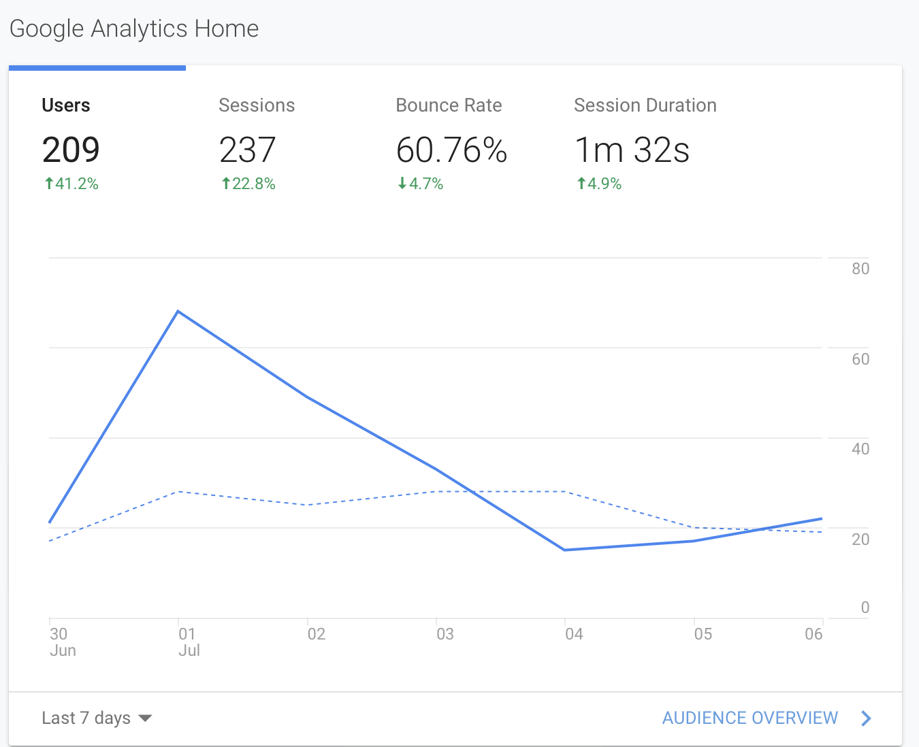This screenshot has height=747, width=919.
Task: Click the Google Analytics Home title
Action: coord(134,29)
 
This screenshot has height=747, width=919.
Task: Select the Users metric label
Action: coord(66,105)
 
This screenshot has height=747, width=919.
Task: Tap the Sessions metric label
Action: coord(257,105)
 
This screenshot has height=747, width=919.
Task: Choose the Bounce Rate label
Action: coord(449,105)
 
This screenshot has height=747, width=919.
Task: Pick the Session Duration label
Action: coord(645,105)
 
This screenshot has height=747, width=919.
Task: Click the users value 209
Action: coord(71,150)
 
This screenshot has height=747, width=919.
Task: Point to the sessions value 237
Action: coord(247,150)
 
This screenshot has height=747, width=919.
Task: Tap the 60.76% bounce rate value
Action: coord(451,150)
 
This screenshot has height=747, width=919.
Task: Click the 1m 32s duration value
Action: coord(632,150)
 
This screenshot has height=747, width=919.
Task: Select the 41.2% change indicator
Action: coord(71,184)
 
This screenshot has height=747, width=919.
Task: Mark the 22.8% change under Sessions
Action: coord(248,184)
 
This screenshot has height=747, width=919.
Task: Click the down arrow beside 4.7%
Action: coord(402,183)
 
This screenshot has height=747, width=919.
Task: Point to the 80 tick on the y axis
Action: coord(860,269)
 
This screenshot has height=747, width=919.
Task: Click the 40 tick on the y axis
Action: coord(860,449)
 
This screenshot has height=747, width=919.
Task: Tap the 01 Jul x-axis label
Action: coord(189,642)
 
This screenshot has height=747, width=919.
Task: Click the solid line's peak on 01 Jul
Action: coord(178,311)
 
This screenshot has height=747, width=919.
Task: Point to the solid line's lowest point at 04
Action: coord(564,550)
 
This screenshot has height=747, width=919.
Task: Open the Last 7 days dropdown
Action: coord(97,718)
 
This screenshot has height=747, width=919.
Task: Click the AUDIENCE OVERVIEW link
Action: coord(767,718)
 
